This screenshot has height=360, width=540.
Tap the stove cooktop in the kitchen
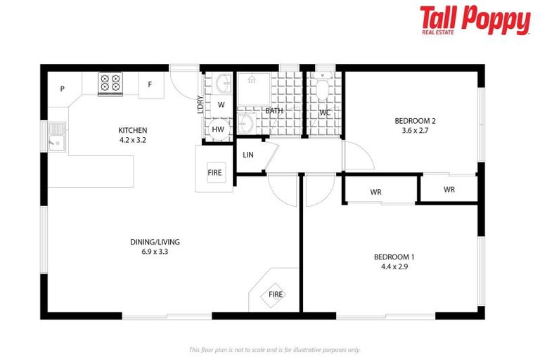(110, 84)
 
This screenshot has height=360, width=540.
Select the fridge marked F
(150, 85)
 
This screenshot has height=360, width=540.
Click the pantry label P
(63, 89)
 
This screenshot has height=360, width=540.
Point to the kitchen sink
(56, 137)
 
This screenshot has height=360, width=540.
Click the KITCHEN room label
(132, 130)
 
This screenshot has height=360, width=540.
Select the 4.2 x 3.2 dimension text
(132, 140)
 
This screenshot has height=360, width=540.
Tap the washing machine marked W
(220, 105)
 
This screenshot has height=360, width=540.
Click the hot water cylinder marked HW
(218, 129)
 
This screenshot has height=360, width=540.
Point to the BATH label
(274, 111)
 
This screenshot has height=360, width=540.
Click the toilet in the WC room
(323, 89)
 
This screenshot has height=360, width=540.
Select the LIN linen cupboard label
(247, 155)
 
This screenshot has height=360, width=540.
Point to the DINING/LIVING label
(150, 243)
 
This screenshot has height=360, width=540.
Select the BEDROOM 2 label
(414, 120)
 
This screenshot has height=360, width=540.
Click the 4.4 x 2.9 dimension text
(394, 266)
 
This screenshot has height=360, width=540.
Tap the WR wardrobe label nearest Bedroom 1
(376, 192)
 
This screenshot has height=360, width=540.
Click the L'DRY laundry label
(200, 105)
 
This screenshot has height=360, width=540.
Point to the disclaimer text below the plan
(274, 349)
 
